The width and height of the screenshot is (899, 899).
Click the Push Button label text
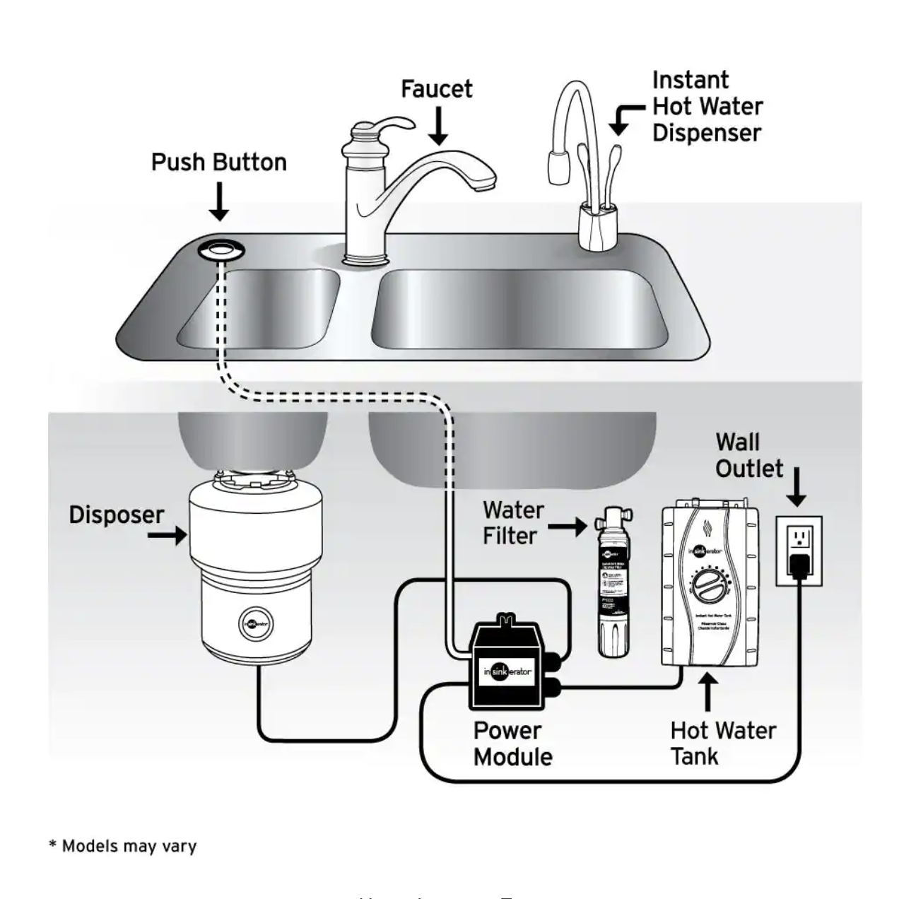click(218, 163)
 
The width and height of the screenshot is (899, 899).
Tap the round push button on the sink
click(221, 249)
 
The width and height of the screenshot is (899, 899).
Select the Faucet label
click(436, 89)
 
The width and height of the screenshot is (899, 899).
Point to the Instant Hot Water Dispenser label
click(706, 106)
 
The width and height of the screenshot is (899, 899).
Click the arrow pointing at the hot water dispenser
click(625, 117)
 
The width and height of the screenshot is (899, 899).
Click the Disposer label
click(116, 515)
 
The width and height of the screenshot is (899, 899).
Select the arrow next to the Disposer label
click(167, 536)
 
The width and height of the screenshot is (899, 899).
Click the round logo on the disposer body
click(256, 624)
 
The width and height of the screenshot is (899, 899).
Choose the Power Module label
click(512, 744)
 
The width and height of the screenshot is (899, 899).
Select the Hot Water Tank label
click(722, 743)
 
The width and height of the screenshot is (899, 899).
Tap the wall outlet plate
click(799, 551)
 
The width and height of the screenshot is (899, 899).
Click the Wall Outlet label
click(748, 455)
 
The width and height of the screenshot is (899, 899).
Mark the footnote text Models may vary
click(123, 846)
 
